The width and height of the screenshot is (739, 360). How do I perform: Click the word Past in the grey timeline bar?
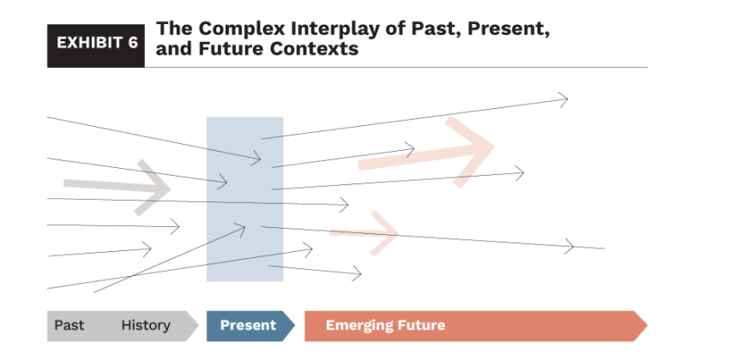coord(69,326)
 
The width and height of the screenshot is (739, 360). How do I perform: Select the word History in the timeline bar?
coord(145,326)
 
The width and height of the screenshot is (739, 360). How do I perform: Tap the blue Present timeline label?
coord(248,326)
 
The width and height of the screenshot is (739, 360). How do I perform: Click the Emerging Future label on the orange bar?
coord(385,326)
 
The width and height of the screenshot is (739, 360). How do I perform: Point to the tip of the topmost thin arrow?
coord(567,99)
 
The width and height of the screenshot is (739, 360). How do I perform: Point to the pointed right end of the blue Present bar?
coord(291,326)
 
